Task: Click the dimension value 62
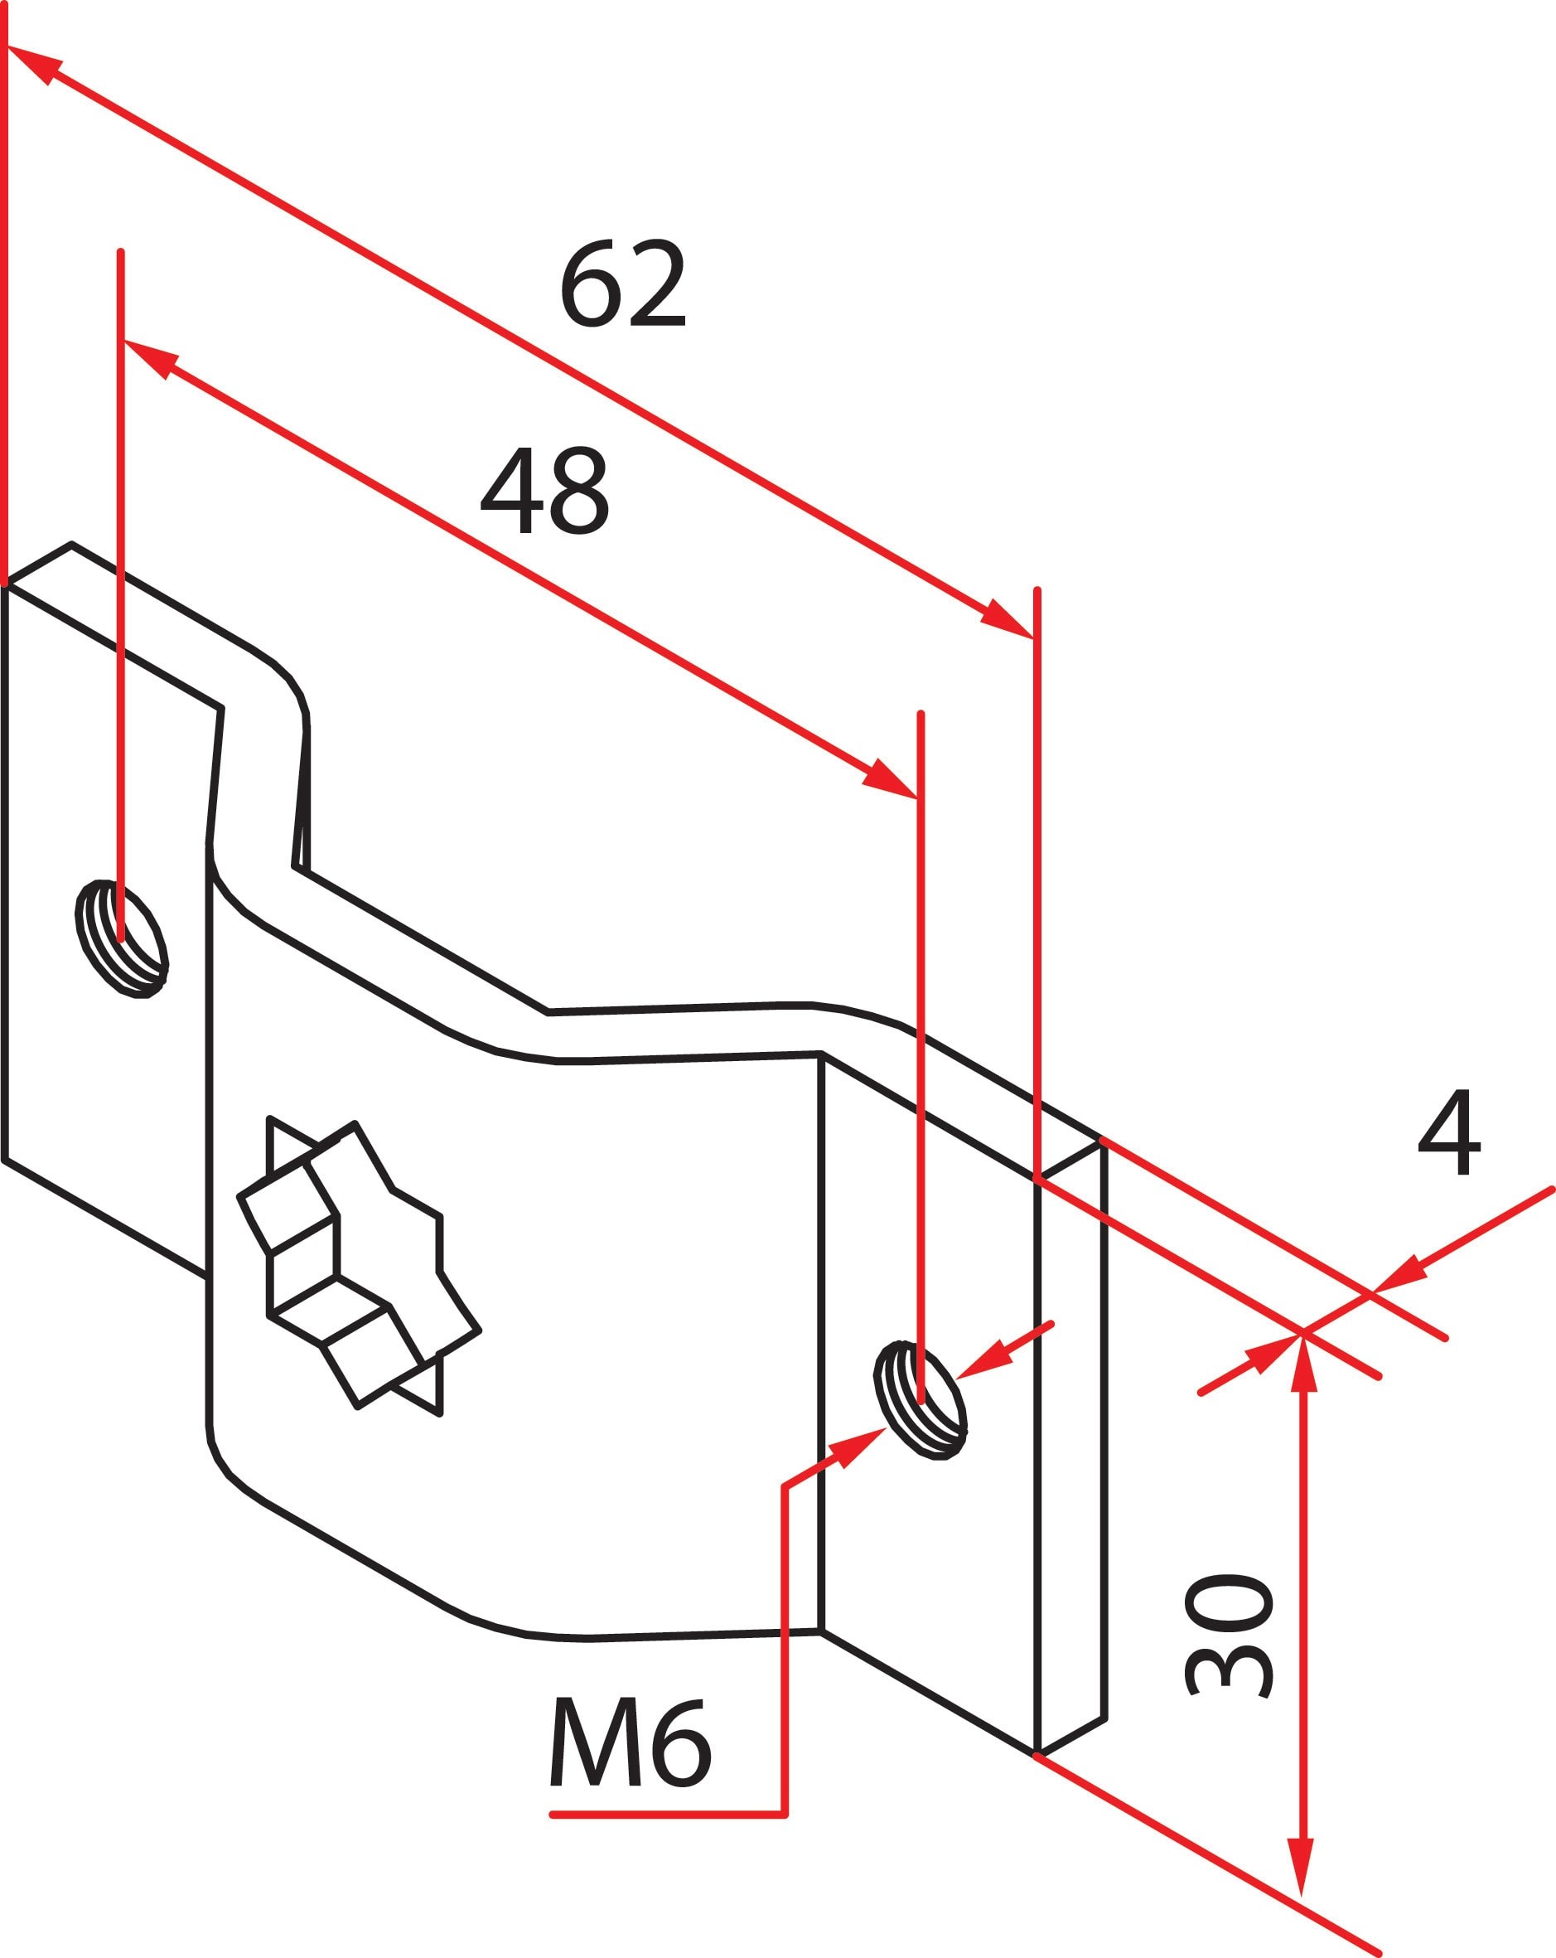click(623, 285)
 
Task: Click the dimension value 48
click(544, 491)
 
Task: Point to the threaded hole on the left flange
click(122, 938)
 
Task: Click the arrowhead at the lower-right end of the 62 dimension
click(1008, 619)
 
